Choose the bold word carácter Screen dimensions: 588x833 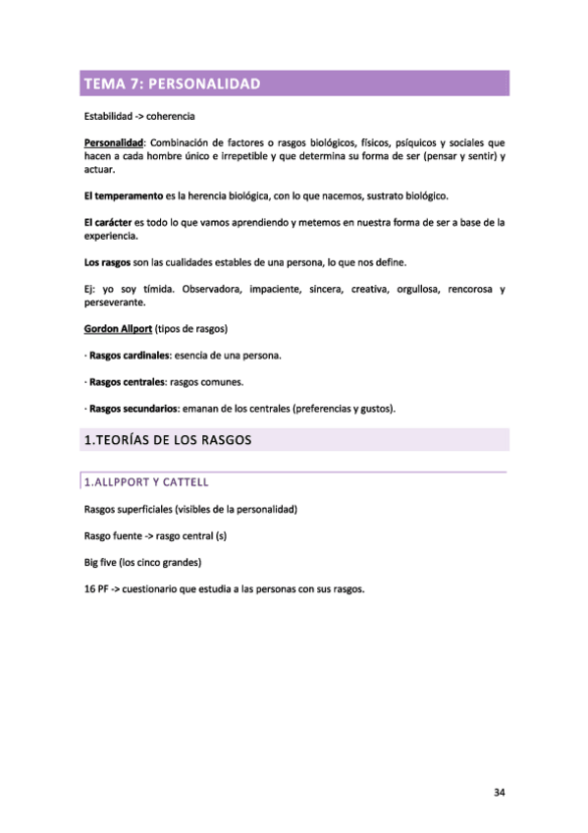pyautogui.click(x=113, y=222)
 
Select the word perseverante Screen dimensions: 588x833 pyautogui.click(x=117, y=303)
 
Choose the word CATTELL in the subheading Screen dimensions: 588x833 pyautogui.click(x=182, y=482)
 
